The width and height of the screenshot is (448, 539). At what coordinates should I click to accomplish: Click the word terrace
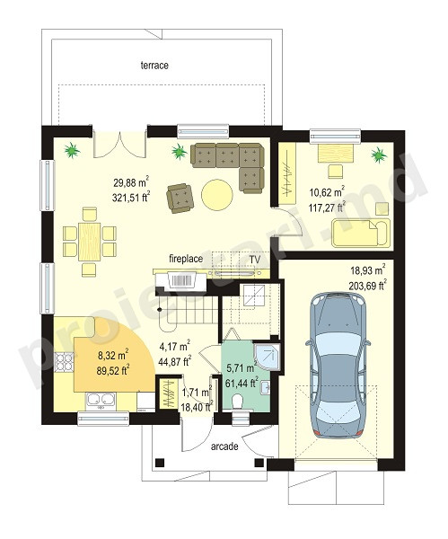154,65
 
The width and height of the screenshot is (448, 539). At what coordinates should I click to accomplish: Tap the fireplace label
186,259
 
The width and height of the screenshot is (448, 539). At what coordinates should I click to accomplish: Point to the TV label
255,260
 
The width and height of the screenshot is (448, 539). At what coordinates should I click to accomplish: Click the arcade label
224,446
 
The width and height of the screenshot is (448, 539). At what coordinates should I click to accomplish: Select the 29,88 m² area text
131,182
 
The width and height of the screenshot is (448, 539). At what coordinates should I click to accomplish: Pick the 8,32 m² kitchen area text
112,356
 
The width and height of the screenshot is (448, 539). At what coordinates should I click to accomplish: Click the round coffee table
217,194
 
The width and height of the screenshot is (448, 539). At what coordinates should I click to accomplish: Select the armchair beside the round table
180,199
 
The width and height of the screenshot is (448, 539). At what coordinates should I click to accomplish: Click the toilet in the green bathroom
237,402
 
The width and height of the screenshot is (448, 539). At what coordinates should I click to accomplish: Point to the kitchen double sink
101,400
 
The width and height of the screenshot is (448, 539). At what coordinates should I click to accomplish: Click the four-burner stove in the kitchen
64,363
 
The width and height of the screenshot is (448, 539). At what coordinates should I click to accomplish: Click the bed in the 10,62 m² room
361,233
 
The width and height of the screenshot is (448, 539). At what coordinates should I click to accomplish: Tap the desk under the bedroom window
336,153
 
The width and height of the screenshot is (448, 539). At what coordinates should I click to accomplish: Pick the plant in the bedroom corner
379,155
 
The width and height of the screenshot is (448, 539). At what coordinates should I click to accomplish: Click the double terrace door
120,144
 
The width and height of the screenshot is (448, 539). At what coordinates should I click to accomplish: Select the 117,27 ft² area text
327,208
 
